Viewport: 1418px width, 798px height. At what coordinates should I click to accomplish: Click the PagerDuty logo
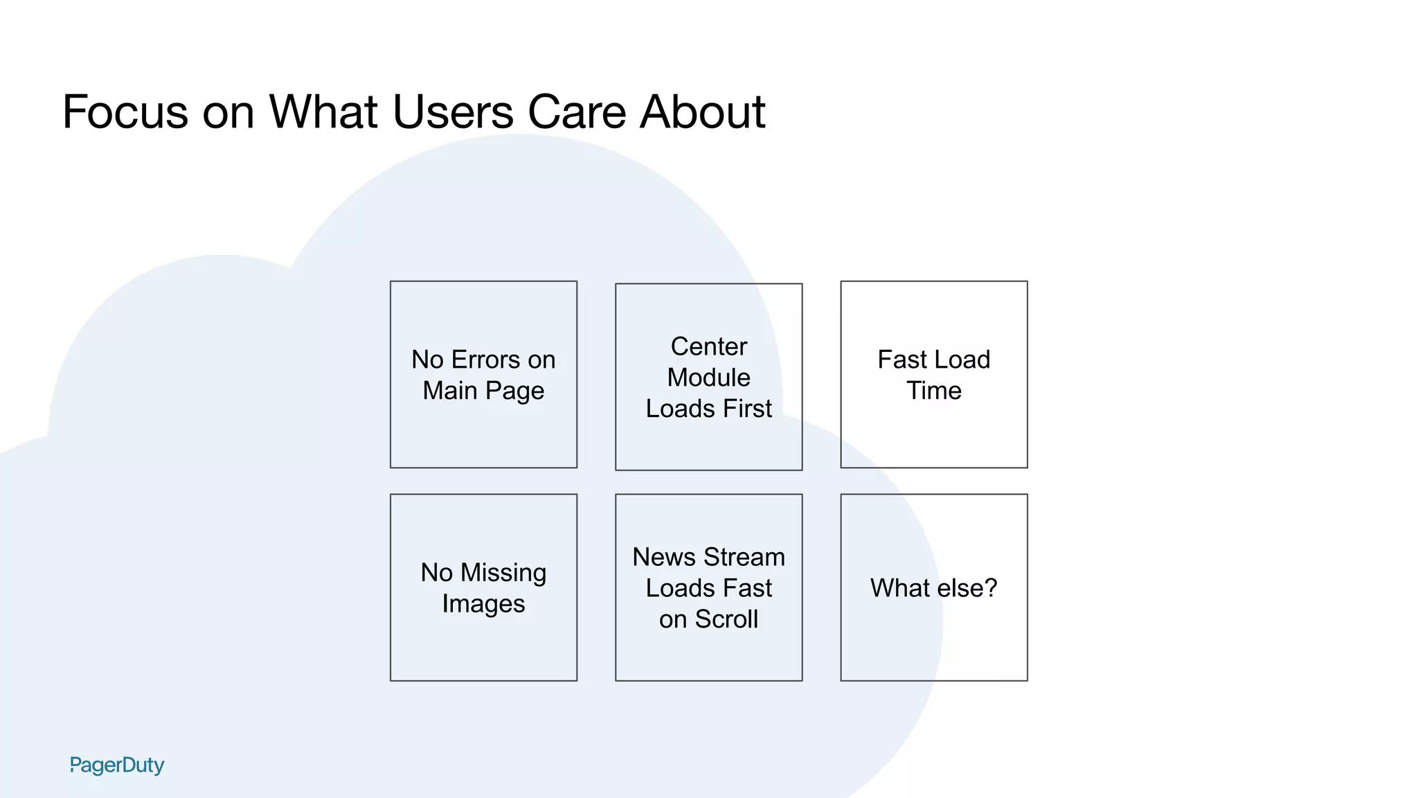click(117, 765)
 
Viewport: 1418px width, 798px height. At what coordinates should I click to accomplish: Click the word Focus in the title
click(125, 112)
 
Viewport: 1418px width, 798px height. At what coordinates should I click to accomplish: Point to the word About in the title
click(702, 112)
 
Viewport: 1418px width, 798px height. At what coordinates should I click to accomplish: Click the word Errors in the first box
click(485, 360)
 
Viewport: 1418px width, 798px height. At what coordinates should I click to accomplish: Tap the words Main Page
click(483, 391)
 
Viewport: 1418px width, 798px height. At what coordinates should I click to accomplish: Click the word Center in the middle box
click(709, 346)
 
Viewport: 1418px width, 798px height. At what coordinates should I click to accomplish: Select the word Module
click(709, 378)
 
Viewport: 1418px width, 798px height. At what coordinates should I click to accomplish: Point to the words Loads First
click(709, 409)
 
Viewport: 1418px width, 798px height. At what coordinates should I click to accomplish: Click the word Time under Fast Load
click(934, 391)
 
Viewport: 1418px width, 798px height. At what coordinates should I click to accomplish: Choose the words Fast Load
click(934, 360)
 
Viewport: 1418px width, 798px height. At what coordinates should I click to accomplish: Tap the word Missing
click(503, 573)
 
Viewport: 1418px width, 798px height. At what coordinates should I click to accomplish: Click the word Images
click(483, 604)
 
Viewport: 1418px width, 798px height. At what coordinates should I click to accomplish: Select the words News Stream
click(709, 557)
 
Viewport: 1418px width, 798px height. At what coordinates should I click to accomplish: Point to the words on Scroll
click(709, 619)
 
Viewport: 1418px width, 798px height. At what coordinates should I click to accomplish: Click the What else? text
click(934, 588)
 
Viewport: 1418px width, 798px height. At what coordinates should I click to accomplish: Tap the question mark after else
click(991, 588)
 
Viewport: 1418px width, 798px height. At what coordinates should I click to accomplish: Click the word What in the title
click(323, 112)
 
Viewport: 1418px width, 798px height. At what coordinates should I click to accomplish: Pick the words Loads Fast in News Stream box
click(709, 588)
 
